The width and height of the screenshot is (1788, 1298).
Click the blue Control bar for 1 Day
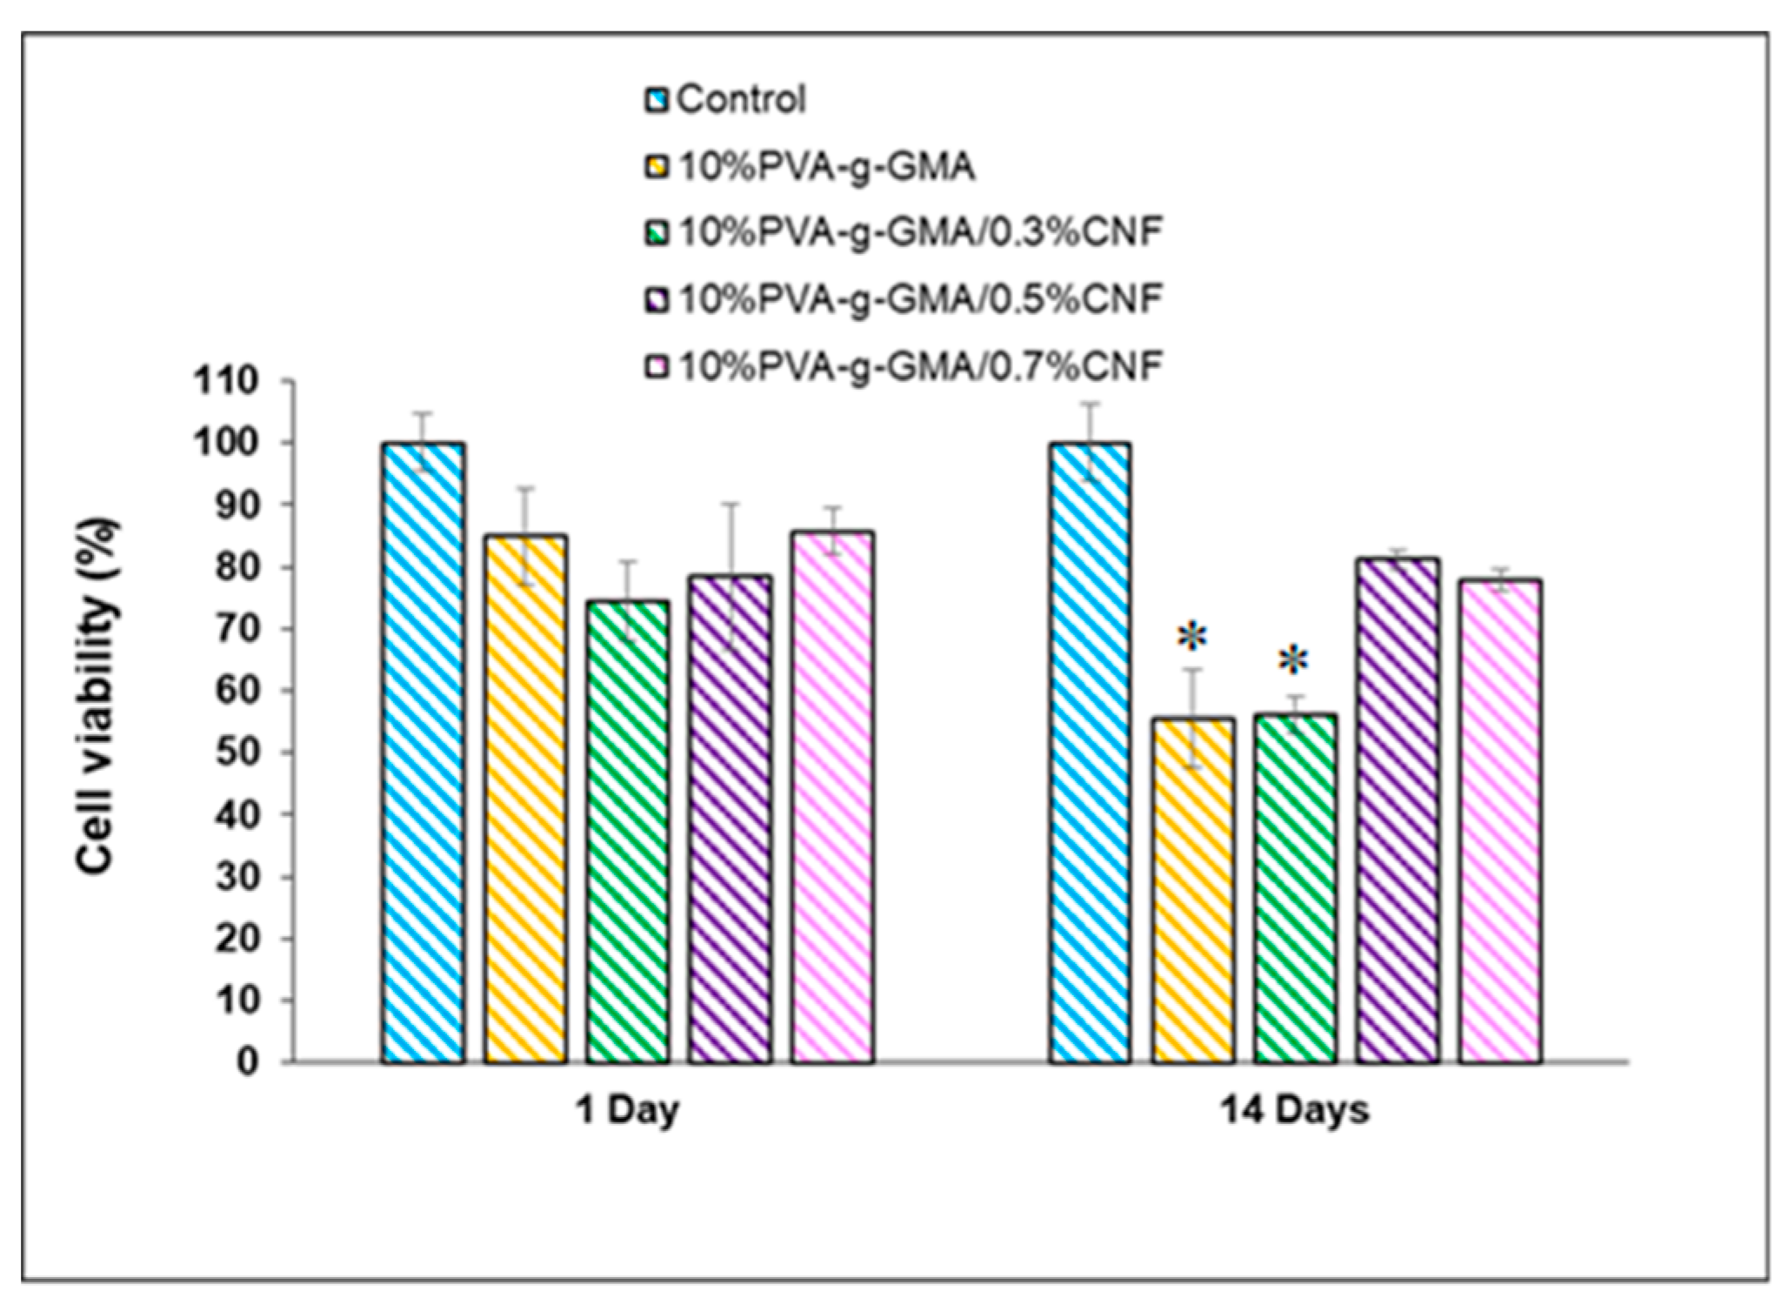pyautogui.click(x=423, y=753)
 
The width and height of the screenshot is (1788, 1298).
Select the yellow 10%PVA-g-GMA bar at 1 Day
pyautogui.click(x=525, y=799)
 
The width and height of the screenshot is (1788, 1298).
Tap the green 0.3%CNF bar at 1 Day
pyautogui.click(x=628, y=831)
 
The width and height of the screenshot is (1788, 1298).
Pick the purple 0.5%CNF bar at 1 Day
pyautogui.click(x=730, y=818)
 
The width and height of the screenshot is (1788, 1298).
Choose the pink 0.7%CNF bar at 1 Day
pyautogui.click(x=832, y=796)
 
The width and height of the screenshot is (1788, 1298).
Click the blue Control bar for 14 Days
pyautogui.click(x=1091, y=753)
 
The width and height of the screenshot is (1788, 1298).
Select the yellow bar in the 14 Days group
pyautogui.click(x=1193, y=889)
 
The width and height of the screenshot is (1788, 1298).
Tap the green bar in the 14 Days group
pyautogui.click(x=1295, y=887)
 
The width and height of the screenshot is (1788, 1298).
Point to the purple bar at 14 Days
pyautogui.click(x=1398, y=809)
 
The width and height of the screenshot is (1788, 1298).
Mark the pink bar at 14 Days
pyautogui.click(x=1500, y=820)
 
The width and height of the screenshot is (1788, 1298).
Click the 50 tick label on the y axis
pyautogui.click(x=236, y=753)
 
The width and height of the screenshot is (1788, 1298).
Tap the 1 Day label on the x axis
pyautogui.click(x=627, y=1111)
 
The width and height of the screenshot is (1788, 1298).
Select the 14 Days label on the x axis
pyautogui.click(x=1295, y=1111)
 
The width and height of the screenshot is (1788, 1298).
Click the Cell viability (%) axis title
pyautogui.click(x=97, y=696)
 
